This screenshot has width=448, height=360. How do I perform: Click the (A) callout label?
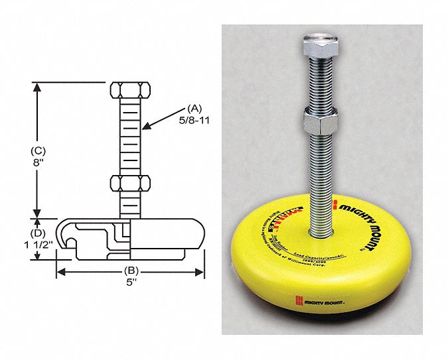click(193, 107)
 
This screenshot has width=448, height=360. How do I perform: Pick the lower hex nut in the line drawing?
click(129, 184)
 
